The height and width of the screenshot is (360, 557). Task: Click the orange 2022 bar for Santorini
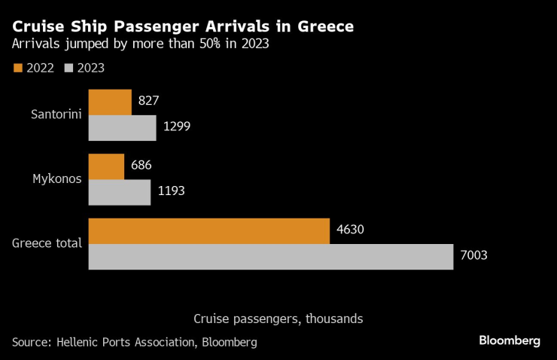[110, 102]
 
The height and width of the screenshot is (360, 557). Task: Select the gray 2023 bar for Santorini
[122, 127]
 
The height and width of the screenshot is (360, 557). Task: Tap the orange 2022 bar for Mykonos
[106, 166]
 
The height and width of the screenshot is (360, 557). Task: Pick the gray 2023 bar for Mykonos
[119, 191]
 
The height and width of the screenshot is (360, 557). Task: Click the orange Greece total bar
[208, 231]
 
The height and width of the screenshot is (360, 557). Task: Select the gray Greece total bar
[270, 256]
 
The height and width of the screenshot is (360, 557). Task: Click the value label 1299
[176, 127]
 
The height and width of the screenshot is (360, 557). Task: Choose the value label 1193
[171, 191]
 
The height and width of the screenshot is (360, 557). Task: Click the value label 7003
[473, 256]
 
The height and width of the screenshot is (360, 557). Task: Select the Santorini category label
[56, 114]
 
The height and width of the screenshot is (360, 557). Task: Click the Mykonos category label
[57, 179]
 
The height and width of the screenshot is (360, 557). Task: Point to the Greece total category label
[47, 243]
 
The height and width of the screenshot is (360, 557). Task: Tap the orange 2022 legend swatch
[18, 68]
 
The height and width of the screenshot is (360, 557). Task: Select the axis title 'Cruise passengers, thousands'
[278, 319]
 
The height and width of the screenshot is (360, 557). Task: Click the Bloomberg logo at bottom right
[510, 341]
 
